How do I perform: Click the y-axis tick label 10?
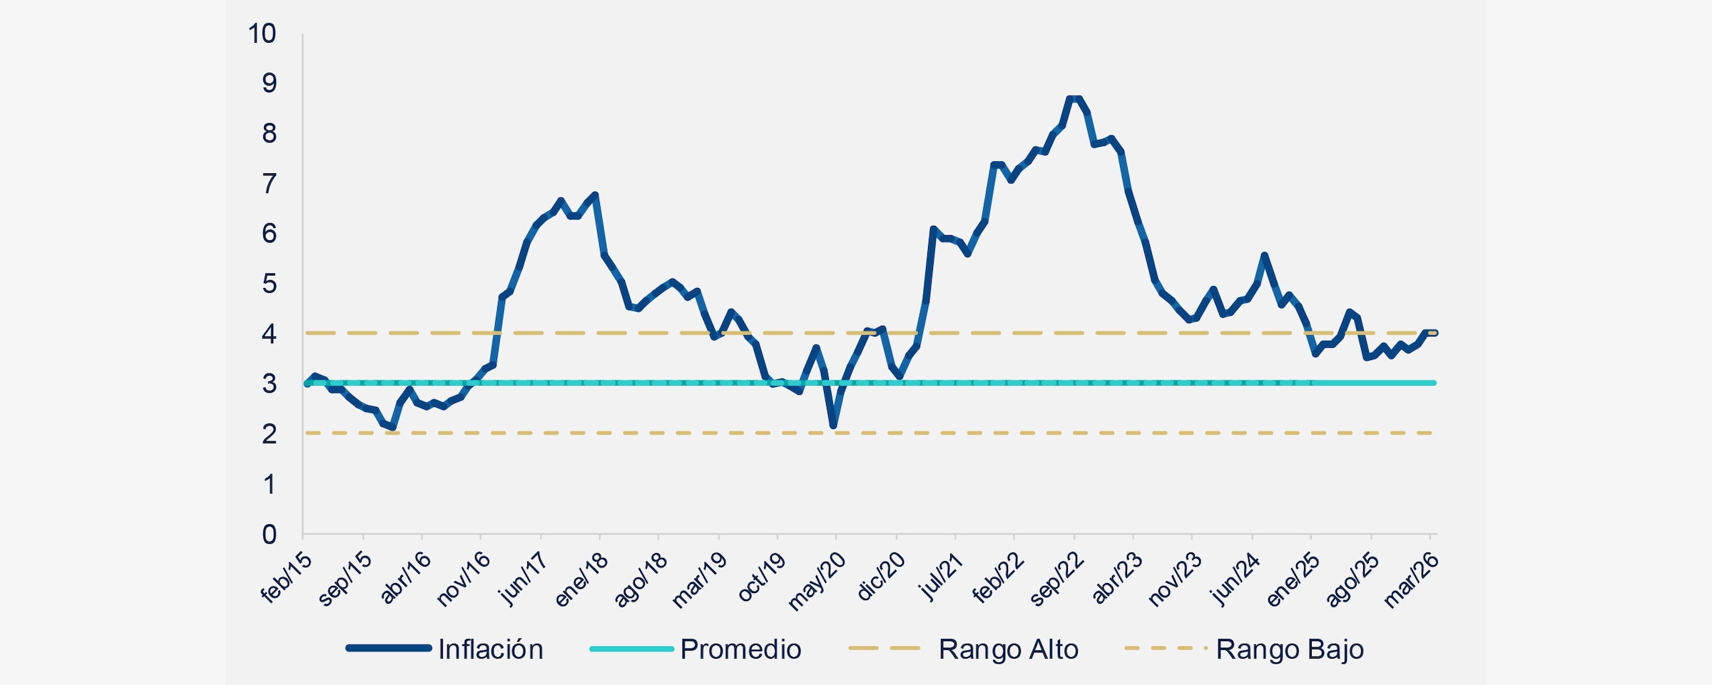click(262, 34)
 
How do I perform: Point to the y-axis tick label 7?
click(269, 184)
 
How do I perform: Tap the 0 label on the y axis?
click(269, 535)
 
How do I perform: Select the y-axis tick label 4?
click(269, 334)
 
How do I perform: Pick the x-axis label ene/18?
click(582, 579)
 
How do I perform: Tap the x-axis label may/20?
click(817, 582)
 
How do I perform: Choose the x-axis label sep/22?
click(1057, 580)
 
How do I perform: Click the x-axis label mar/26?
click(1412, 580)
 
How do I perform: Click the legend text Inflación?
click(491, 649)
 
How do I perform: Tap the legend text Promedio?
click(740, 649)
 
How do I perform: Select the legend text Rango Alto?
click(1008, 649)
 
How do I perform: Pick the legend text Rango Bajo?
click(1290, 649)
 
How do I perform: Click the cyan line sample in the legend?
click(631, 649)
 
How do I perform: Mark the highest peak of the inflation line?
click(1074, 98)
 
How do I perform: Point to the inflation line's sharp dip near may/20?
click(833, 426)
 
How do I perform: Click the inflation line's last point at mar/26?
click(1434, 332)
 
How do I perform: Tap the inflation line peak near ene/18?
click(595, 194)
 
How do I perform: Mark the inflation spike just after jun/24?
click(1264, 254)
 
